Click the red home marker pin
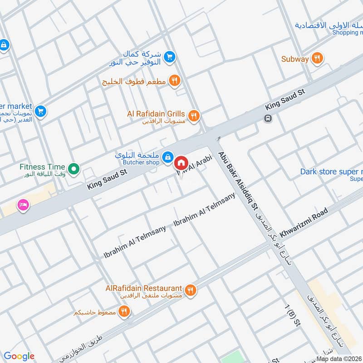181,162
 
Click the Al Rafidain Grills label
156,114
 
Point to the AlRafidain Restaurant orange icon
191,289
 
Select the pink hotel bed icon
23,205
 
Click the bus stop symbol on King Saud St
268,118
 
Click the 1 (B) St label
293,315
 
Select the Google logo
19,356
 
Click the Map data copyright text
339,359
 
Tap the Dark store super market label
331,172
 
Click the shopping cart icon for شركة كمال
169,57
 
